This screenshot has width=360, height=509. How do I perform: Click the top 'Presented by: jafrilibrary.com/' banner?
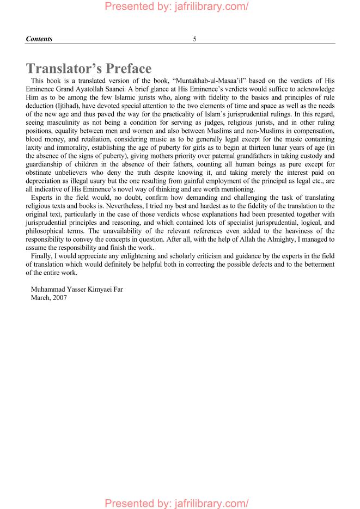point(176,7)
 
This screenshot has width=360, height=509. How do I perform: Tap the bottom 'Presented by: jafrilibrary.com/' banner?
point(176,502)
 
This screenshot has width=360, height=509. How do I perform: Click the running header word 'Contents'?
point(39,39)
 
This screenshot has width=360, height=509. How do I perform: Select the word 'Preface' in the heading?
point(120,69)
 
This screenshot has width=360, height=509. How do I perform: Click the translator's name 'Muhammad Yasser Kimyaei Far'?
point(77,289)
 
